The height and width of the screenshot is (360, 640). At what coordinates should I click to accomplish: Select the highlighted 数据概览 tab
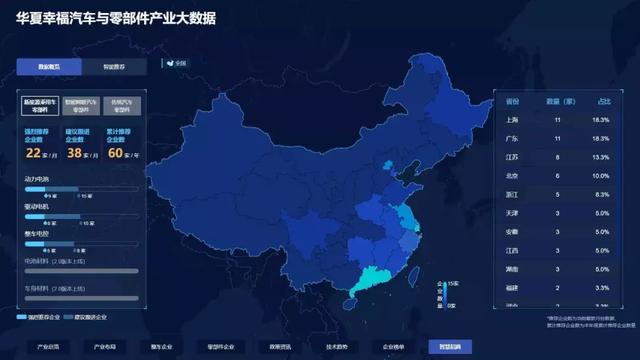click(x=49, y=67)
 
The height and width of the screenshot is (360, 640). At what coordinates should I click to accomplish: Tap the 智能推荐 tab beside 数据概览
click(x=115, y=67)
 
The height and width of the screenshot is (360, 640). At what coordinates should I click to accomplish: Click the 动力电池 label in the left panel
click(x=37, y=179)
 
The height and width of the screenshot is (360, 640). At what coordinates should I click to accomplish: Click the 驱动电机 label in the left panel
click(x=37, y=205)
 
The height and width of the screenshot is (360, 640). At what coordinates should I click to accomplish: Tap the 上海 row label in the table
click(x=513, y=119)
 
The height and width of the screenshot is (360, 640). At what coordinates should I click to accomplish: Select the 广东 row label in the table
click(x=513, y=138)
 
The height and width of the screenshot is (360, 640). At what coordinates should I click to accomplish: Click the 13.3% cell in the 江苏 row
click(x=603, y=157)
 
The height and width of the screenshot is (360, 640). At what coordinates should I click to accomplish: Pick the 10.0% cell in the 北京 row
click(x=603, y=176)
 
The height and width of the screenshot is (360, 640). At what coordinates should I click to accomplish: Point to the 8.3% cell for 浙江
click(x=603, y=195)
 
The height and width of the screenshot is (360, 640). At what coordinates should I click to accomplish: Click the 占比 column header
click(x=603, y=101)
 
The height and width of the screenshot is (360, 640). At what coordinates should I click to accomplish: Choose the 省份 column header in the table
click(x=513, y=101)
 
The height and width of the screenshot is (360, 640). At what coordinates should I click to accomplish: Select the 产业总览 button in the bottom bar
click(x=48, y=346)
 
